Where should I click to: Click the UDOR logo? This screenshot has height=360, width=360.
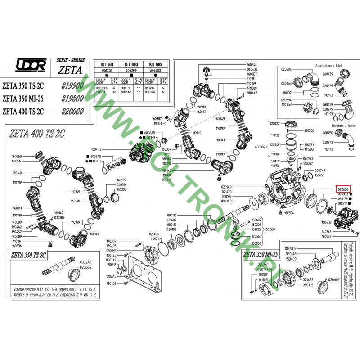pyautogui.click(x=31, y=66)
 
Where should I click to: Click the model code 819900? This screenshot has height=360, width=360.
pyautogui.click(x=72, y=85)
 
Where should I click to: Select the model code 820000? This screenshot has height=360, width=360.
pyautogui.click(x=72, y=111)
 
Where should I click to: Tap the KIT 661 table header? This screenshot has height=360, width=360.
pyautogui.click(x=108, y=65)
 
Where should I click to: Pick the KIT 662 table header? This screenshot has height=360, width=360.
pyautogui.click(x=156, y=65)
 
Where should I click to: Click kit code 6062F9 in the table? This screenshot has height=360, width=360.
pyautogui.click(x=131, y=70)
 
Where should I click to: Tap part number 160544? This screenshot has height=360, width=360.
pyautogui.click(x=252, y=65)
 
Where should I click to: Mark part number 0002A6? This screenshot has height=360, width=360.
pyautogui.click(x=85, y=262)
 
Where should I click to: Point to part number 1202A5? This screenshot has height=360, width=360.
pyautogui.click(x=112, y=276)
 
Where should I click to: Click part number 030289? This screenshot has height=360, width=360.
pyautogui.click(x=59, y=218)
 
